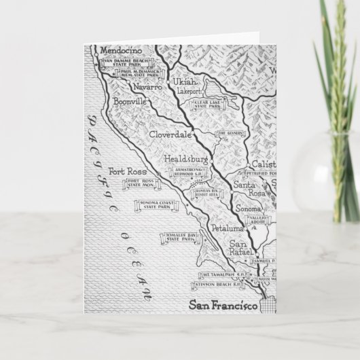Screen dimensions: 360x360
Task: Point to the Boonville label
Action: (132, 103)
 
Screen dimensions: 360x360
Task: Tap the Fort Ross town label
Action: (128, 172)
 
